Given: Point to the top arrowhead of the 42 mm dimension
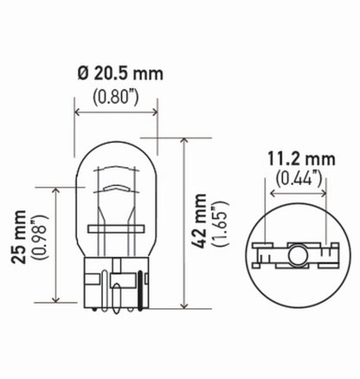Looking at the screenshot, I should (185, 140).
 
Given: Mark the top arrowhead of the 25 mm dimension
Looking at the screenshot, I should (57, 189).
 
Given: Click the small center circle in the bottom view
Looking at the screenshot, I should (296, 256).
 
